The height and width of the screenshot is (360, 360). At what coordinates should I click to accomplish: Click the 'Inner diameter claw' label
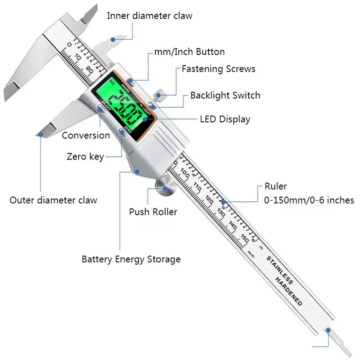(149, 16)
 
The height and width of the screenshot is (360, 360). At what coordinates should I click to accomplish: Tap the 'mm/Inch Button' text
(189, 52)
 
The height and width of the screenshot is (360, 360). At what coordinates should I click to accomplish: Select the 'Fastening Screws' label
(218, 69)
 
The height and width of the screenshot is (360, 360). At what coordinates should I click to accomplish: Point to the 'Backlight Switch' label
(225, 95)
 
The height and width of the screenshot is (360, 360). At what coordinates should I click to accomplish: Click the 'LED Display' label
(225, 120)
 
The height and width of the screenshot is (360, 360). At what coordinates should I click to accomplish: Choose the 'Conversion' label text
(85, 135)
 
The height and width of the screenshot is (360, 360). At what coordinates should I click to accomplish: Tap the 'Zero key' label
(85, 156)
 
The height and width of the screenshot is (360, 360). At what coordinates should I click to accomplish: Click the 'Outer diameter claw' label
(53, 200)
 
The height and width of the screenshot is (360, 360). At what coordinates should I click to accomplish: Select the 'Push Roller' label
(153, 212)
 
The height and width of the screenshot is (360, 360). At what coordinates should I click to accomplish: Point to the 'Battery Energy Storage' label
(131, 259)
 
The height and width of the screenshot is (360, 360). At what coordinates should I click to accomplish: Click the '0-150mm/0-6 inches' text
(309, 200)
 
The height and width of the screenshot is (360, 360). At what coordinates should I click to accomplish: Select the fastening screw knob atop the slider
(158, 95)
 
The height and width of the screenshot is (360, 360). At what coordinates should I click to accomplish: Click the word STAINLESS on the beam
(279, 270)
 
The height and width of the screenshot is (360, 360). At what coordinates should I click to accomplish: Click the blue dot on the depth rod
(328, 330)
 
